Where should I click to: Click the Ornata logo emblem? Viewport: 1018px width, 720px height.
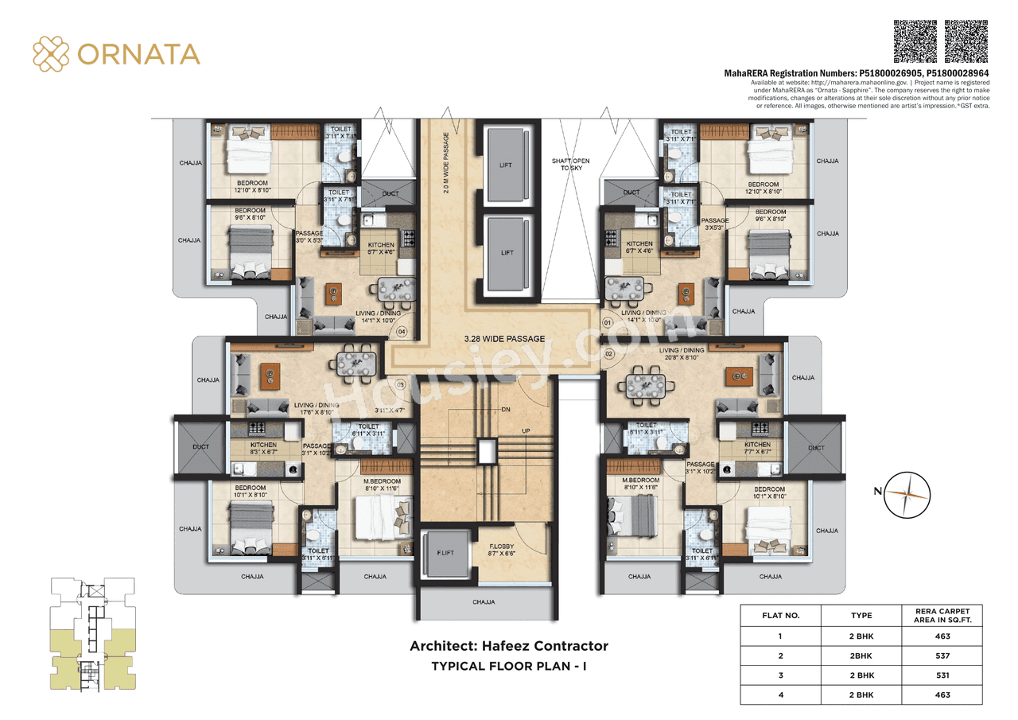[x=51, y=53]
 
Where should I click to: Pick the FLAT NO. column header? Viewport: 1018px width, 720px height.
[x=780, y=615]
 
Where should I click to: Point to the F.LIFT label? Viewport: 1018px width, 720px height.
[x=445, y=552]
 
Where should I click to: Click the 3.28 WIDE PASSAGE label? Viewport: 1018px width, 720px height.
[x=504, y=339]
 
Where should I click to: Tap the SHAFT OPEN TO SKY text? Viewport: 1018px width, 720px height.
[x=570, y=165]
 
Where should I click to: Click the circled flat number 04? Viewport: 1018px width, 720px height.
[x=402, y=332]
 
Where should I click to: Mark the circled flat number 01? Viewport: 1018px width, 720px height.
[x=608, y=324]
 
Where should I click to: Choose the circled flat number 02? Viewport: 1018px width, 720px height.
[x=609, y=352]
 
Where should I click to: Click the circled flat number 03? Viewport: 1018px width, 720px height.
[x=400, y=385]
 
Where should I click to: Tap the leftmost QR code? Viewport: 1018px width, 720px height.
[x=915, y=41]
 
